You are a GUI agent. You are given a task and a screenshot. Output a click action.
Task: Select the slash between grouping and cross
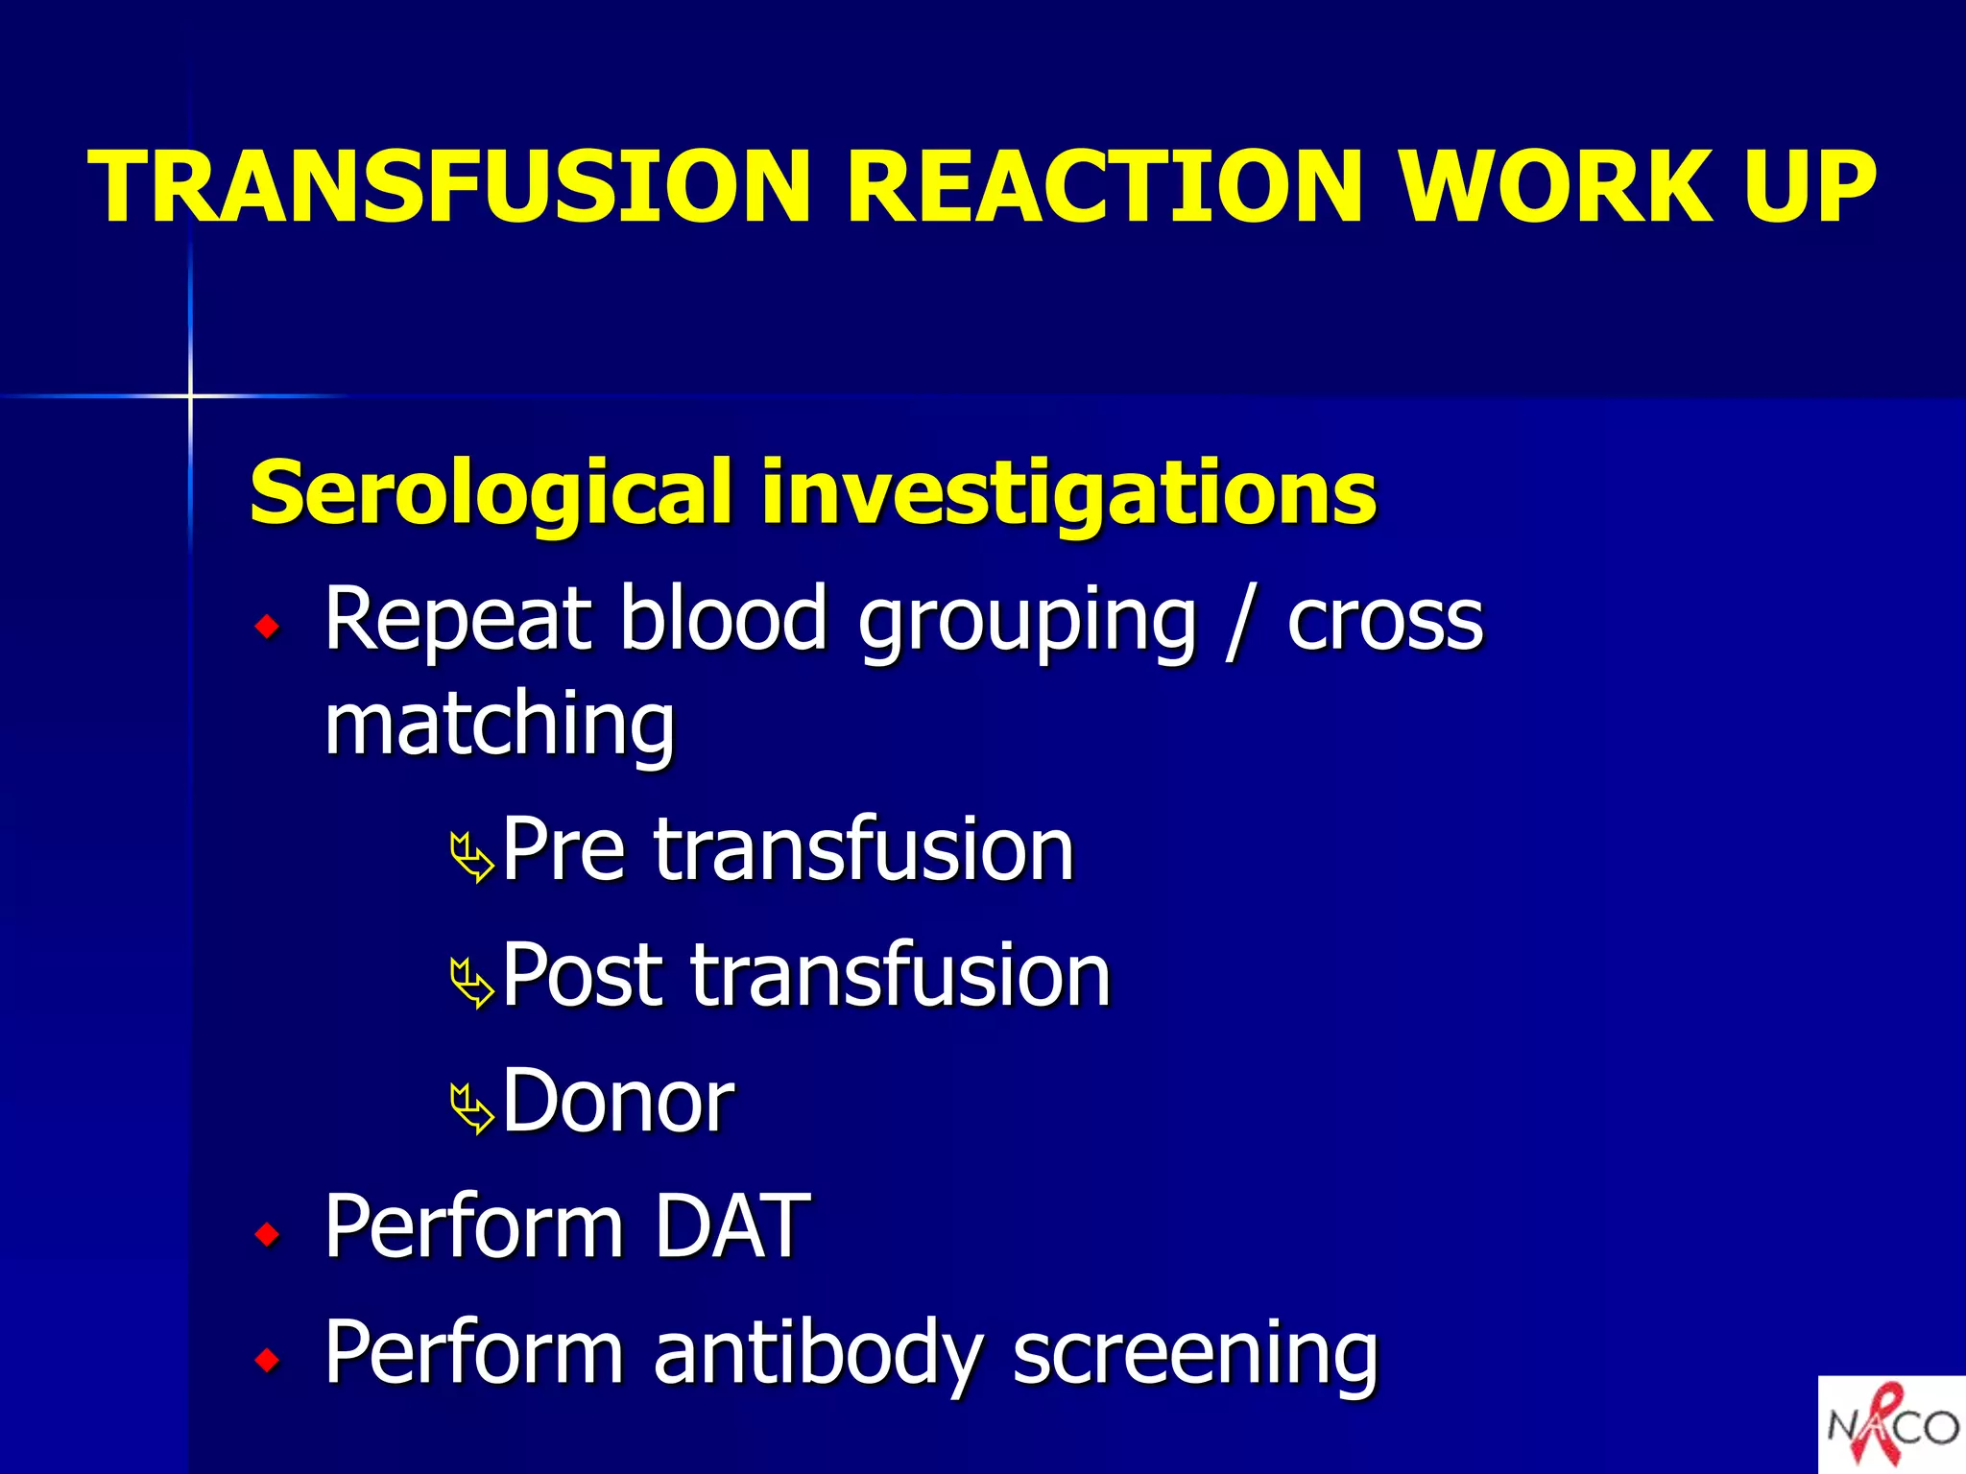pyautogui.click(x=1239, y=622)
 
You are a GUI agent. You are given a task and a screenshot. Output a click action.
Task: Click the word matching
pyautogui.click(x=499, y=725)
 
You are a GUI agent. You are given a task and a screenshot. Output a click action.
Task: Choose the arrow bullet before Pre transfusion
pyautogui.click(x=472, y=857)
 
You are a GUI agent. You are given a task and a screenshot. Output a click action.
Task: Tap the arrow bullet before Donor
pyautogui.click(x=472, y=1108)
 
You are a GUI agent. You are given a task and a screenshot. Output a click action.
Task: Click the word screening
pyautogui.click(x=1195, y=1353)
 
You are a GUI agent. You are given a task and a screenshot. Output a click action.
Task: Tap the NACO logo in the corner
pyautogui.click(x=1891, y=1424)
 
